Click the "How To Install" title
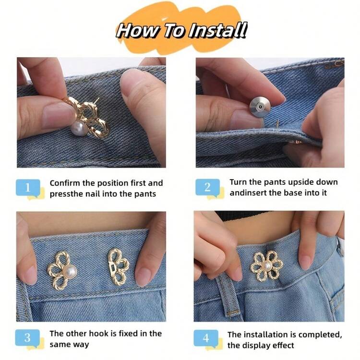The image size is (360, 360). click(x=181, y=31)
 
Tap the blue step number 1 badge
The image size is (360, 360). click(x=28, y=188)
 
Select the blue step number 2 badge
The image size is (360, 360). click(x=207, y=187)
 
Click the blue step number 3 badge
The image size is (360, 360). click(x=27, y=338)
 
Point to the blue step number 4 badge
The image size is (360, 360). click(x=206, y=338)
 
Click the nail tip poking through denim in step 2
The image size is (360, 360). click(x=277, y=123)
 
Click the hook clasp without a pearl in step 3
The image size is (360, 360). click(x=118, y=267)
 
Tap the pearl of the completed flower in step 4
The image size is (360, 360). click(x=266, y=266)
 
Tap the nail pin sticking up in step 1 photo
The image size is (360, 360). click(x=96, y=100)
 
